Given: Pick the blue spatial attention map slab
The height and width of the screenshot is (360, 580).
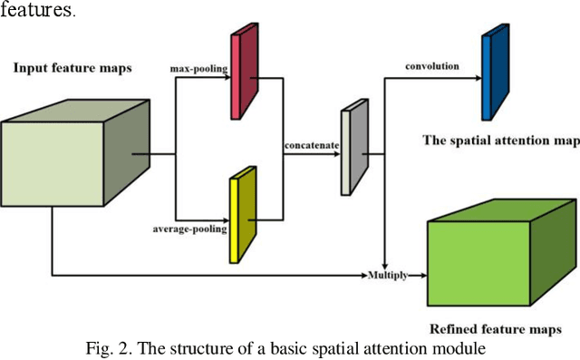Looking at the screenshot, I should (x=492, y=73).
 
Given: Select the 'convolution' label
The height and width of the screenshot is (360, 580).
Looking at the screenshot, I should (x=432, y=65).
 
